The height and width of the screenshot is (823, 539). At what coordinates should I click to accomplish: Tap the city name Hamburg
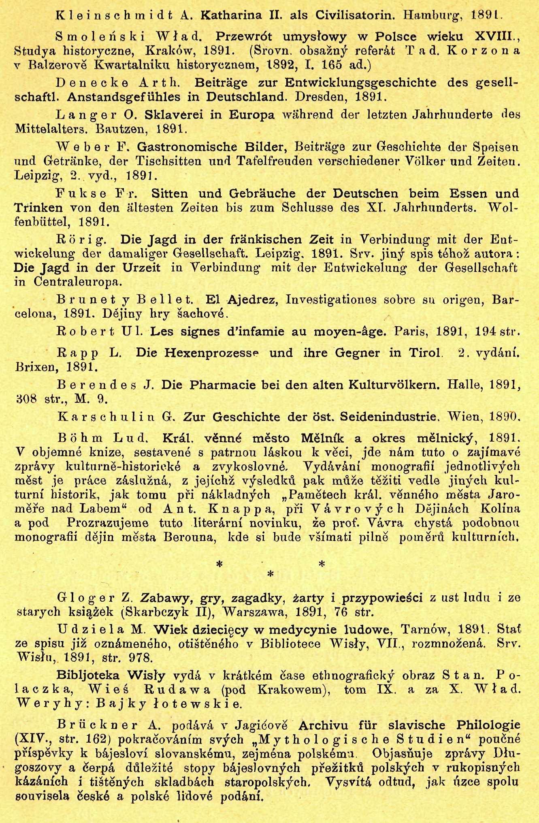(x=433, y=16)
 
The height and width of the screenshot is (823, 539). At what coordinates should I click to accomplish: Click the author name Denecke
(x=92, y=83)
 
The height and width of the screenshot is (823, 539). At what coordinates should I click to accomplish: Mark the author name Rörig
(x=81, y=239)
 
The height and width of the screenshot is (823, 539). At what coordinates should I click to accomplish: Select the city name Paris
(x=411, y=332)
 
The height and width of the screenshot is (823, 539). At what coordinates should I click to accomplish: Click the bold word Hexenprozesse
(x=211, y=353)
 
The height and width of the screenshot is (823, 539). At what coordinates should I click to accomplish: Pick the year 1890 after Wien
(x=504, y=417)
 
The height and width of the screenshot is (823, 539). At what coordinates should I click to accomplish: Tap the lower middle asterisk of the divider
(x=271, y=575)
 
